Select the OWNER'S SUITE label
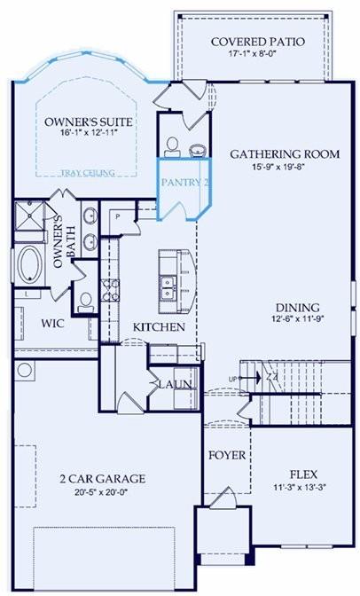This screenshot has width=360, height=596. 81,121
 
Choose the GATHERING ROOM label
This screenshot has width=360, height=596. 285,153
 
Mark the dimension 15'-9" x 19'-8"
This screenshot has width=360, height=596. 285,168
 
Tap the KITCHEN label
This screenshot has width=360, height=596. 160,327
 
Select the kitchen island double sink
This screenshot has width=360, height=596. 167,286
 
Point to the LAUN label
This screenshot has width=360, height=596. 172,384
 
